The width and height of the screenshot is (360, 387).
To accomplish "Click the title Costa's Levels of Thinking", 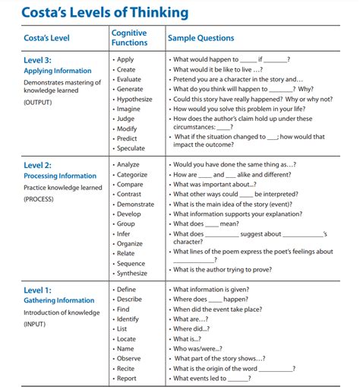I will (104, 13).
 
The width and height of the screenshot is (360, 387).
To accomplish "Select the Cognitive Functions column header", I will (129, 38).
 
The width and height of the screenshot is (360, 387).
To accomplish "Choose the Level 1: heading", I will (39, 290).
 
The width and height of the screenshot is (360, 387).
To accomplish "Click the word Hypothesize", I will (134, 99).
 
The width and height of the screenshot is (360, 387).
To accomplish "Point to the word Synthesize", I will (132, 274).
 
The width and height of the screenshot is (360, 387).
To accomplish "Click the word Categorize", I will (132, 174).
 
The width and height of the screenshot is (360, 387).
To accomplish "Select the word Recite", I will (127, 368).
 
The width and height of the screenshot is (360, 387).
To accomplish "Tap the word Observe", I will (129, 358).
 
